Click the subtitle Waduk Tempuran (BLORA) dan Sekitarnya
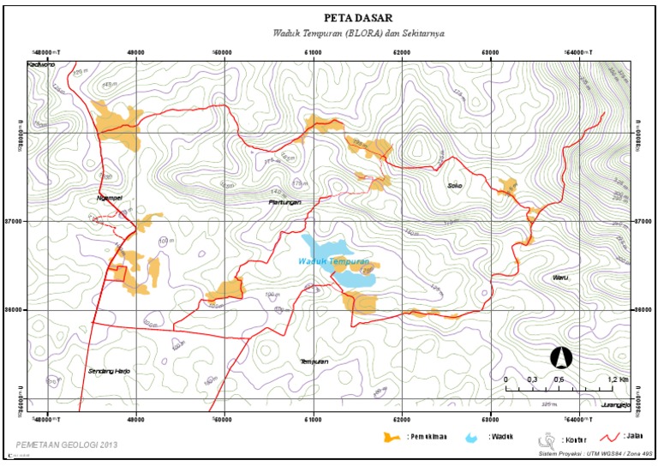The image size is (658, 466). (358, 33)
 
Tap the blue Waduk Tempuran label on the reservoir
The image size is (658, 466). (334, 261)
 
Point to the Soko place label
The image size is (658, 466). (454, 184)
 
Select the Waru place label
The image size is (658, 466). (559, 278)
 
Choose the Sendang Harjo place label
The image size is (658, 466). (108, 371)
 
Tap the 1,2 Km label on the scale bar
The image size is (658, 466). (617, 379)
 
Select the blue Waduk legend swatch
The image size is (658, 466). (471, 438)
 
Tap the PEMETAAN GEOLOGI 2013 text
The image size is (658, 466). (66, 445)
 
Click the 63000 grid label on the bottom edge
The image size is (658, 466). (491, 419)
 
